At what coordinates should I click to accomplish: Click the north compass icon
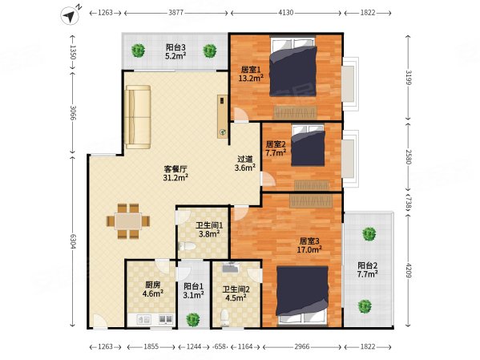pos(70,15)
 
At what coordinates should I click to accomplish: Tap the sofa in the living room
pos(138,117)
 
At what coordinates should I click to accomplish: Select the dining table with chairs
pos(128,221)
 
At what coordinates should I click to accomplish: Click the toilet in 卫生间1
pos(187,246)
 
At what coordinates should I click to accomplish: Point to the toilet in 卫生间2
pos(225,318)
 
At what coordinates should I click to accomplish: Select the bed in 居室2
pos(308,145)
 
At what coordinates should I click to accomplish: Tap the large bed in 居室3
pos(302,295)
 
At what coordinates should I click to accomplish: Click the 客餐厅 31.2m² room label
pos(175,173)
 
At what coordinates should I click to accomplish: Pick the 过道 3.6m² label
pos(245,164)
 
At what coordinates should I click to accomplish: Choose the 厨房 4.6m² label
pos(153,289)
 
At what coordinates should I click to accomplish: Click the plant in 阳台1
pos(193,319)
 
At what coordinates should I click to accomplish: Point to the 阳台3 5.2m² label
pos(175,51)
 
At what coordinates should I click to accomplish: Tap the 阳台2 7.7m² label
pos(367,269)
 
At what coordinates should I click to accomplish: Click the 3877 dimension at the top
pos(176,13)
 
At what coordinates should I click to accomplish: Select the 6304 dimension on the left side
pos(73,241)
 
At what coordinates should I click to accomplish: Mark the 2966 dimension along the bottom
pos(302,346)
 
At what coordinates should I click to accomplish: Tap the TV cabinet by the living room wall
pos(223,116)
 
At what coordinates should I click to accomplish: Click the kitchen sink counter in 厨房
pos(151,320)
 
